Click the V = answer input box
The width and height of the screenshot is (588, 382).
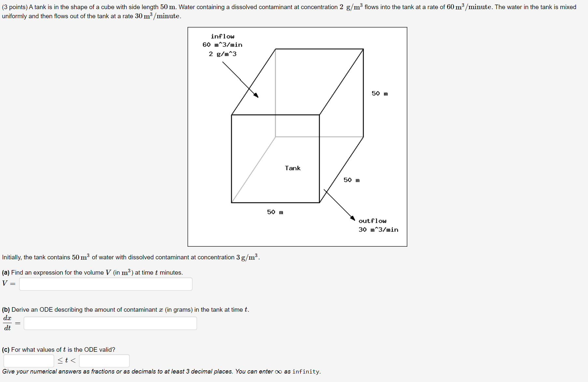click(105, 284)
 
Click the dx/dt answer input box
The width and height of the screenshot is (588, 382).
click(110, 323)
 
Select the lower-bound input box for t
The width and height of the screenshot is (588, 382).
click(29, 361)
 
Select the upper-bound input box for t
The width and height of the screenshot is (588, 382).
click(104, 361)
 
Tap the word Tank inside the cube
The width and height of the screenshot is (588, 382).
click(293, 168)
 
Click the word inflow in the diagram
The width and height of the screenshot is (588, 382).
click(222, 36)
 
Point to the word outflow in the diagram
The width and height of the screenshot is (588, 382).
click(372, 221)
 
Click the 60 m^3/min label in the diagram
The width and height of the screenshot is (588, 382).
click(222, 45)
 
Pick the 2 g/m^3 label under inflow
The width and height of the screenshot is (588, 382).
click(223, 54)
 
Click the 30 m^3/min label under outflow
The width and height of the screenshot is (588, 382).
click(378, 230)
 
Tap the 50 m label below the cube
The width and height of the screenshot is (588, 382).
click(275, 212)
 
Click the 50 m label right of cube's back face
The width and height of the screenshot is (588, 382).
click(380, 94)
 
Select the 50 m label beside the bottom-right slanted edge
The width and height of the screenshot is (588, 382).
click(352, 180)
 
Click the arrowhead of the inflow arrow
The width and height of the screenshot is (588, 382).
click(257, 95)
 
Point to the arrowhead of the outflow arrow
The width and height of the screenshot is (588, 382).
click(353, 218)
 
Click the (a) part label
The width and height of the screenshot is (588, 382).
click(6, 273)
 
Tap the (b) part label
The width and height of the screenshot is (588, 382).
click(6, 310)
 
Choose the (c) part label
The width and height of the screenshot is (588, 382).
click(6, 350)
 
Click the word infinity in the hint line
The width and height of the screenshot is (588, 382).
click(306, 372)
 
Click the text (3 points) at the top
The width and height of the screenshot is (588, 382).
click(15, 7)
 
